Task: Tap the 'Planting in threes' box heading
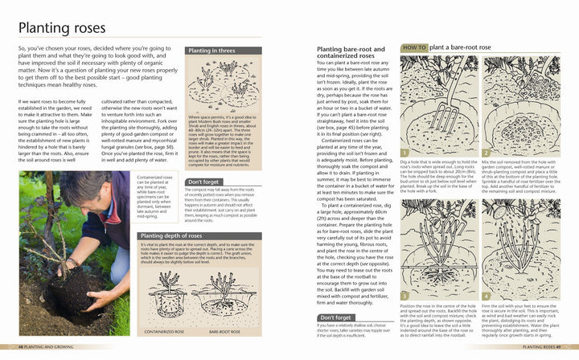(211, 51)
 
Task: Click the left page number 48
(22, 347)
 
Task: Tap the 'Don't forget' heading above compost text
(203, 182)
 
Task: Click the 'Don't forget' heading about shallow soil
(333, 317)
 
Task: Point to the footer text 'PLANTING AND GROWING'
(53, 347)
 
